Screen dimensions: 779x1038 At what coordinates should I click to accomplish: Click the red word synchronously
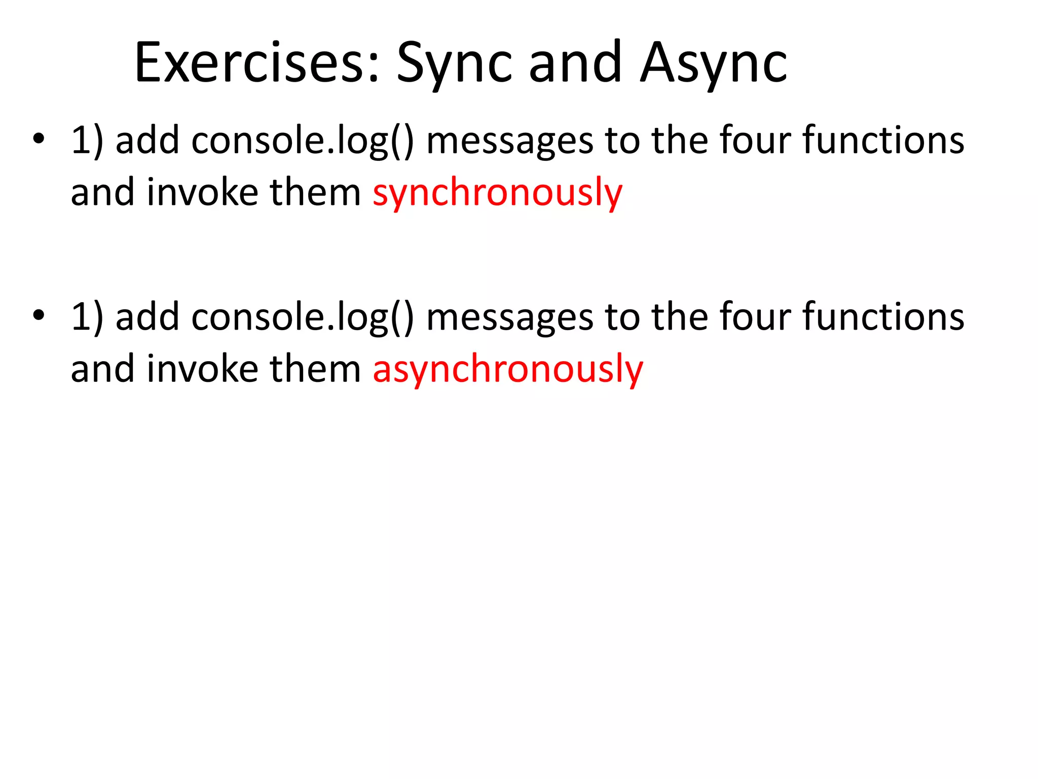click(x=497, y=193)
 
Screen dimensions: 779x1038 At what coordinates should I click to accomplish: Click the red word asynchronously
click(x=508, y=370)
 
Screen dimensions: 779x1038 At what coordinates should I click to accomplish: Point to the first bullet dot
click(x=39, y=138)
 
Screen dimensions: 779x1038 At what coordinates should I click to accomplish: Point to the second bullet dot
click(x=39, y=315)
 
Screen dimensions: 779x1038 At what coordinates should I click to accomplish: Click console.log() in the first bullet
click(x=303, y=141)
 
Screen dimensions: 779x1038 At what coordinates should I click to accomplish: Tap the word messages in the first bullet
click(x=509, y=141)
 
